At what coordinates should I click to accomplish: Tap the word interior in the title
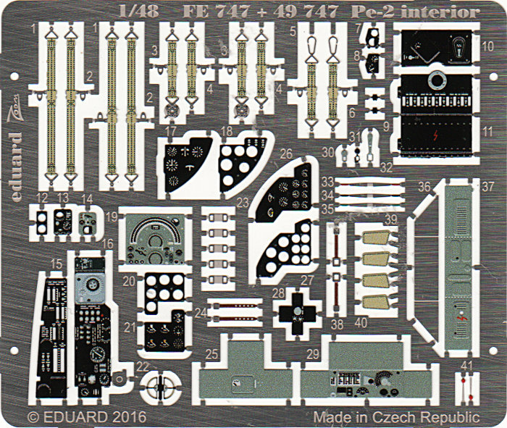tap(450, 12)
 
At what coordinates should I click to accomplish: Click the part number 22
tap(143, 367)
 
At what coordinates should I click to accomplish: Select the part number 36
tap(424, 186)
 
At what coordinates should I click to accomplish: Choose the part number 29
tap(314, 353)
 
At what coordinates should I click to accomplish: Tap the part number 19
tap(110, 217)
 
